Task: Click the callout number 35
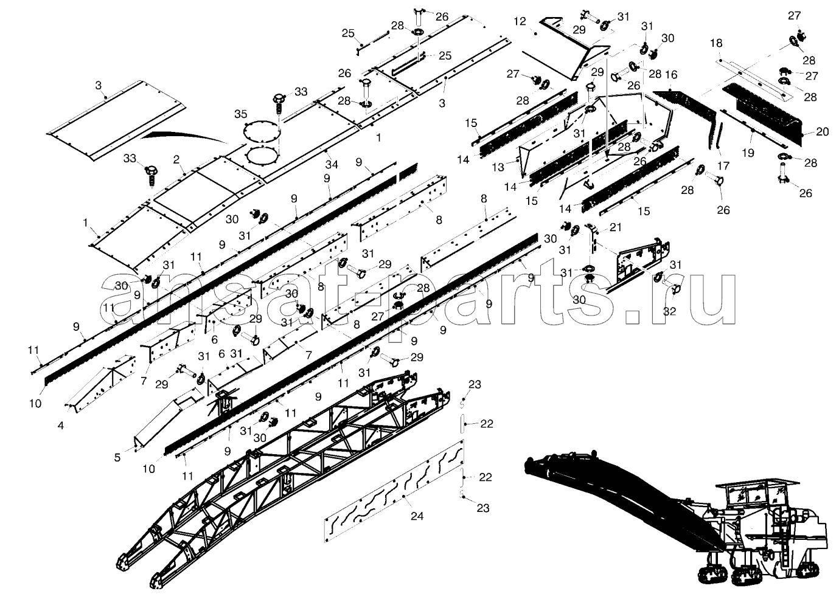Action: point(241,114)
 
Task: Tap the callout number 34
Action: point(331,165)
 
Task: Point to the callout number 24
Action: point(417,516)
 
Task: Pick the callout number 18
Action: point(716,43)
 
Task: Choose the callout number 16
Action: point(671,75)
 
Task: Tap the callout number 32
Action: point(669,311)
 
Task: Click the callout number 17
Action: point(723,165)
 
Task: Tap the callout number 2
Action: point(176,160)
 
